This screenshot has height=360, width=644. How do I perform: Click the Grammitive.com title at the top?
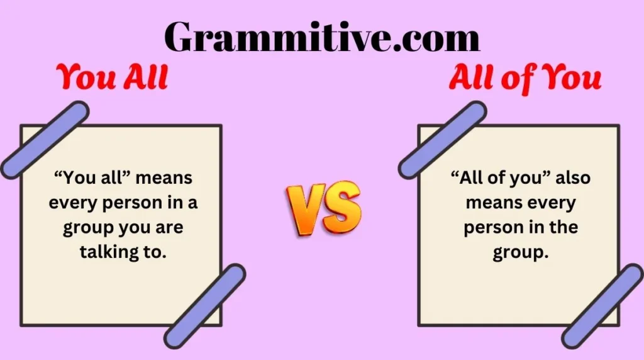click(322, 37)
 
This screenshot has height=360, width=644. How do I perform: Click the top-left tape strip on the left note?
click(45, 139)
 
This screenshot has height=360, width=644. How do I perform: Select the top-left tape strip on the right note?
click(442, 139)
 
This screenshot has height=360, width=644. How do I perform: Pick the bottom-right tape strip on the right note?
click(602, 306)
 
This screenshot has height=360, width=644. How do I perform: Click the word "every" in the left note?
click(73, 203)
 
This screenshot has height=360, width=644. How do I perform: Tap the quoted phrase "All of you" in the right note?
click(496, 178)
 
